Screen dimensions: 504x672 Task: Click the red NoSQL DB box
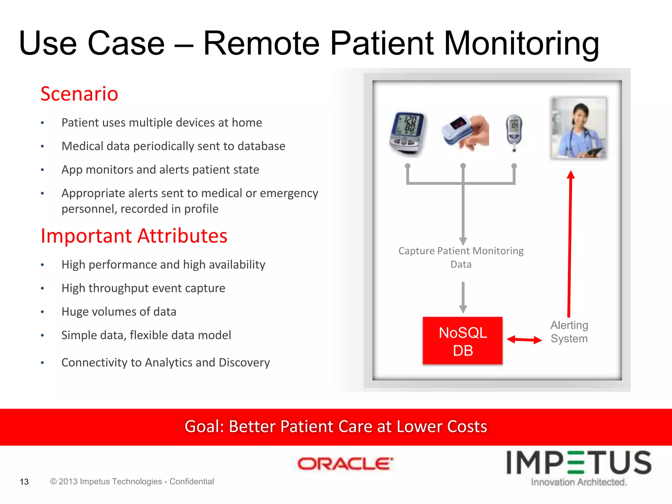(x=462, y=341)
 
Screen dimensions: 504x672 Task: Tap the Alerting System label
(x=569, y=332)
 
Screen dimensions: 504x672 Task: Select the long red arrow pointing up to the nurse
(x=570, y=243)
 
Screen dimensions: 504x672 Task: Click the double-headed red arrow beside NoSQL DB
(x=524, y=340)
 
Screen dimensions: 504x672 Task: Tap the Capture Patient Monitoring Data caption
(x=461, y=257)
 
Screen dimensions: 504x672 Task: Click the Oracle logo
(x=345, y=464)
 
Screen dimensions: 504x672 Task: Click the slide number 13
(x=24, y=482)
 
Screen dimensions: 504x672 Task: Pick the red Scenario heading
(x=79, y=94)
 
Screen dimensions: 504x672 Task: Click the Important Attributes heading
(x=134, y=236)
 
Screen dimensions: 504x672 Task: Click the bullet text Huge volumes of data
(x=119, y=312)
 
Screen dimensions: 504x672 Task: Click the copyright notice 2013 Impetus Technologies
(x=132, y=481)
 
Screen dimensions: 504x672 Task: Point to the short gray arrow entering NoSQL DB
(x=463, y=297)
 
